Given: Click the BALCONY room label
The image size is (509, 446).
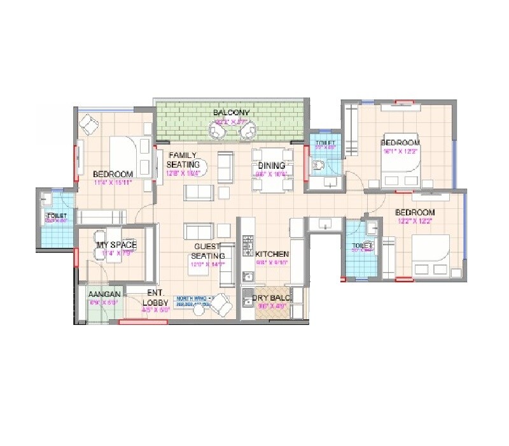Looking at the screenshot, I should (231, 113).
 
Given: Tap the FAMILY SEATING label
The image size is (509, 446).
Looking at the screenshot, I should (183, 160).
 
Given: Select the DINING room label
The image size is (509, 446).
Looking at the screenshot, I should (272, 166).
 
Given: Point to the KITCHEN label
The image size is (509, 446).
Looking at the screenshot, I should (272, 253).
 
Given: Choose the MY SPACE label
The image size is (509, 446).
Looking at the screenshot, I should (116, 245).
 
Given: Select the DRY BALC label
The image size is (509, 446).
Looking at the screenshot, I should (271, 298).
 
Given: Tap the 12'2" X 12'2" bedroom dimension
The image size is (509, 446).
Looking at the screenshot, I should (414, 221).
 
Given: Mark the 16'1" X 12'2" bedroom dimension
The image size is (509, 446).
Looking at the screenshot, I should (400, 152).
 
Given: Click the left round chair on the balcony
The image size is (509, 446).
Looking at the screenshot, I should (218, 132).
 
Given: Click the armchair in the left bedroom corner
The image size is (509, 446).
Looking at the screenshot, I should (89, 124).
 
